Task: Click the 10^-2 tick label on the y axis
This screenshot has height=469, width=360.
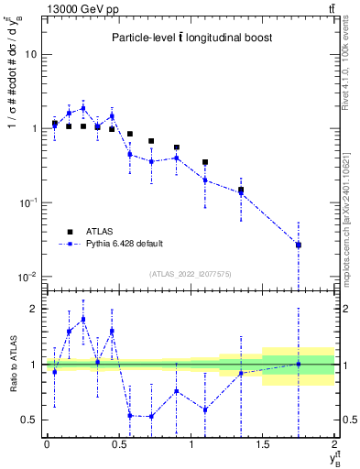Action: [27, 277]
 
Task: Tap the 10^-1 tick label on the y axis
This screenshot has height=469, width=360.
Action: [27, 202]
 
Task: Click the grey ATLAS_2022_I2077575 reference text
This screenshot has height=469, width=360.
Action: [190, 274]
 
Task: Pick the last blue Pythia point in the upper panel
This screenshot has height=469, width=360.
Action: [299, 245]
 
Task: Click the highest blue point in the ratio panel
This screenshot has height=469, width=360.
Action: [83, 319]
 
